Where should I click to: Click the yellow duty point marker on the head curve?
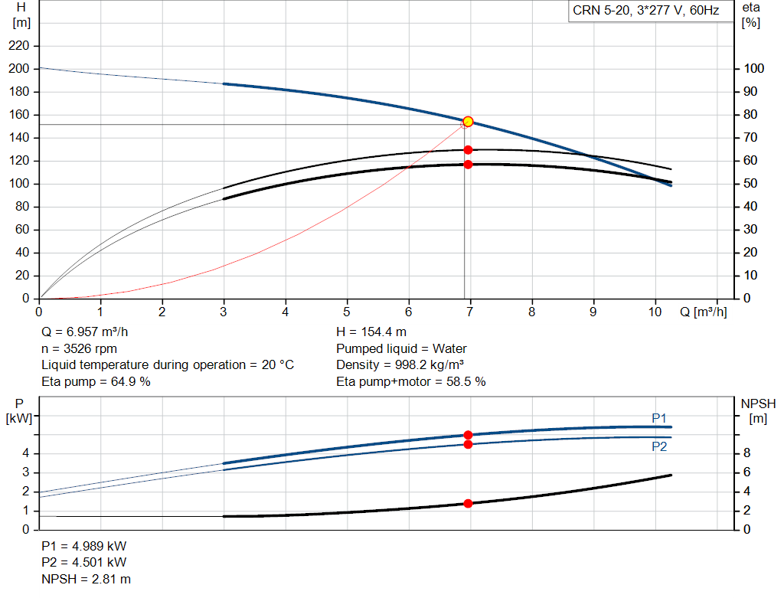[468, 122]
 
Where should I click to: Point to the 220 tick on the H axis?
[20, 46]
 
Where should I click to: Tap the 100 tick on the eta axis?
[753, 69]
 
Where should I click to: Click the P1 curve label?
[659, 418]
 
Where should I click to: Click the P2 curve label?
[659, 447]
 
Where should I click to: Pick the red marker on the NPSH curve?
[468, 503]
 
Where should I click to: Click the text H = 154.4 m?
[371, 332]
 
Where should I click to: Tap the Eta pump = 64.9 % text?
[96, 381]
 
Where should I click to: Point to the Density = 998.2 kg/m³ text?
[400, 365]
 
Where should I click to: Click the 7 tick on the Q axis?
[470, 312]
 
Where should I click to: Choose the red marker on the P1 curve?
[468, 435]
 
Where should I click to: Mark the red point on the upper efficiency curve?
[468, 150]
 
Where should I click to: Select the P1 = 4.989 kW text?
[84, 547]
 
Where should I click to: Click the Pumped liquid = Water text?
[401, 348]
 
